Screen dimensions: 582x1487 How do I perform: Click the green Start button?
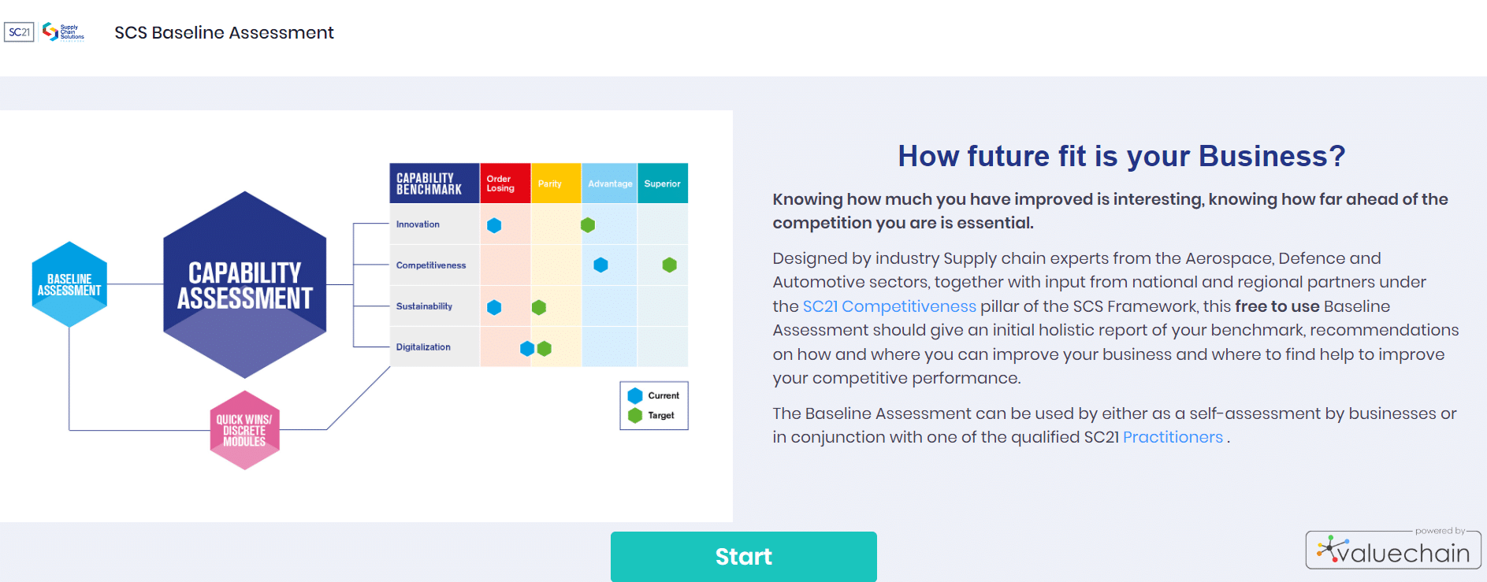pyautogui.click(x=743, y=556)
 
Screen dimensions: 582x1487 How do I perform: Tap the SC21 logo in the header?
pyautogui.click(x=19, y=32)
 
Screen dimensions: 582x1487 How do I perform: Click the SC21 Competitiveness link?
pyautogui.click(x=889, y=306)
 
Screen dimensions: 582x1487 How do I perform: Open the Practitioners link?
pyautogui.click(x=1173, y=437)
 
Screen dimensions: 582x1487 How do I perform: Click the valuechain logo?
pyautogui.click(x=1393, y=550)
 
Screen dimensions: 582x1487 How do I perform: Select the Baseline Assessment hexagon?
pyautogui.click(x=69, y=284)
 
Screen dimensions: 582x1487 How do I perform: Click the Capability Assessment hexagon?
pyautogui.click(x=244, y=284)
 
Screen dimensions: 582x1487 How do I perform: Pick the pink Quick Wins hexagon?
pyautogui.click(x=244, y=430)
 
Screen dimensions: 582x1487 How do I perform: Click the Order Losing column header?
pyautogui.click(x=504, y=183)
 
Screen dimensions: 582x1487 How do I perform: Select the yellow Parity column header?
pyautogui.click(x=556, y=183)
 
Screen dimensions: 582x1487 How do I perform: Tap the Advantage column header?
pyautogui.click(x=609, y=183)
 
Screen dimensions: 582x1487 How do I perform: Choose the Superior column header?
pyautogui.click(x=662, y=183)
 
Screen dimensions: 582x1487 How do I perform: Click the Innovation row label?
pyautogui.click(x=418, y=224)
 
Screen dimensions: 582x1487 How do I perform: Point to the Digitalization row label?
pyautogui.click(x=423, y=347)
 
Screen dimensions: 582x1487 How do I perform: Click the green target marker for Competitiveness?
pyautogui.click(x=669, y=265)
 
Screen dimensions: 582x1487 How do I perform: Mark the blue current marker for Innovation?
pyautogui.click(x=494, y=225)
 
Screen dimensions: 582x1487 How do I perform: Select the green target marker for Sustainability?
pyautogui.click(x=539, y=307)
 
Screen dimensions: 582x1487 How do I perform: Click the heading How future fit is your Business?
pyautogui.click(x=1121, y=156)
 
